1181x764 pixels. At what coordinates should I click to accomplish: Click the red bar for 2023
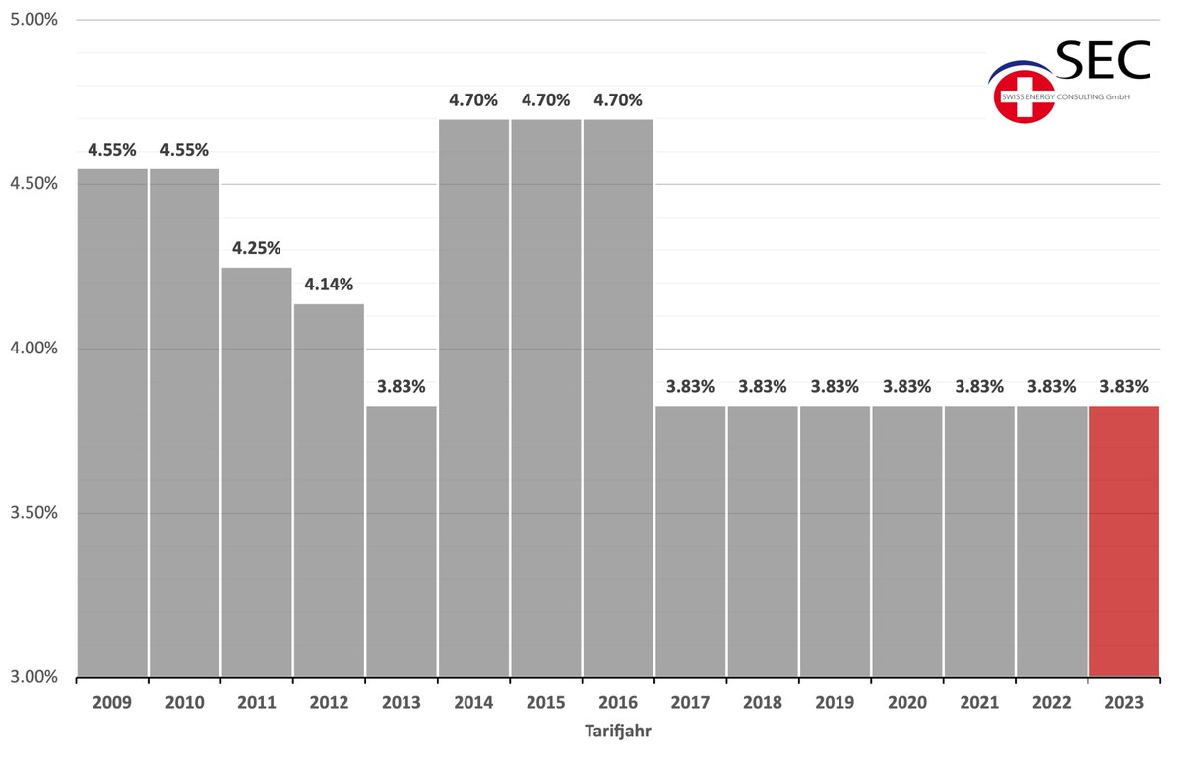(x=1124, y=541)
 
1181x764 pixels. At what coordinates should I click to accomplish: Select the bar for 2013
(x=402, y=541)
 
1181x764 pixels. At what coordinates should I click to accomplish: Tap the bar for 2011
(x=257, y=473)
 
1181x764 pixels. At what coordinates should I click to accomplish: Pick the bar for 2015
(x=545, y=398)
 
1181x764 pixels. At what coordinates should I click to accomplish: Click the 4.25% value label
(x=257, y=248)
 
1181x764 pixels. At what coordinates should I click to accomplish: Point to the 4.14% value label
(x=329, y=285)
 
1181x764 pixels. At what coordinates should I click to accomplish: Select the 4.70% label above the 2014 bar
(x=473, y=100)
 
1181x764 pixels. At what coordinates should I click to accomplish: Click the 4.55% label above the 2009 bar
(x=112, y=150)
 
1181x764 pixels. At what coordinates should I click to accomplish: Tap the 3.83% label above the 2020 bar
(x=906, y=387)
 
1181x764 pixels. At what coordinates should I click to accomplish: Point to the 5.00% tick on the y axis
(x=33, y=20)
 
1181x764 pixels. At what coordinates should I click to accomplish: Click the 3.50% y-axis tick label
(x=33, y=513)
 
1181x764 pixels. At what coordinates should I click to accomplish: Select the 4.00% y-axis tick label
(x=33, y=348)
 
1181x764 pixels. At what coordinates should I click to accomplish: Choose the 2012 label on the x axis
(x=329, y=702)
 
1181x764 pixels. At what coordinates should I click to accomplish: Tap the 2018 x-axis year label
(x=763, y=702)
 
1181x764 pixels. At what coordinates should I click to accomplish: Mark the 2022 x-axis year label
(x=1052, y=702)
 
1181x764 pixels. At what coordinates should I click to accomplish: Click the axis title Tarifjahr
(x=618, y=732)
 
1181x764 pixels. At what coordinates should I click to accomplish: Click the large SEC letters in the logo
(x=1103, y=60)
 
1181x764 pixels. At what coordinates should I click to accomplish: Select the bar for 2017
(x=690, y=541)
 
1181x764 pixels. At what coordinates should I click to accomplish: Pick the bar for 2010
(x=185, y=423)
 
